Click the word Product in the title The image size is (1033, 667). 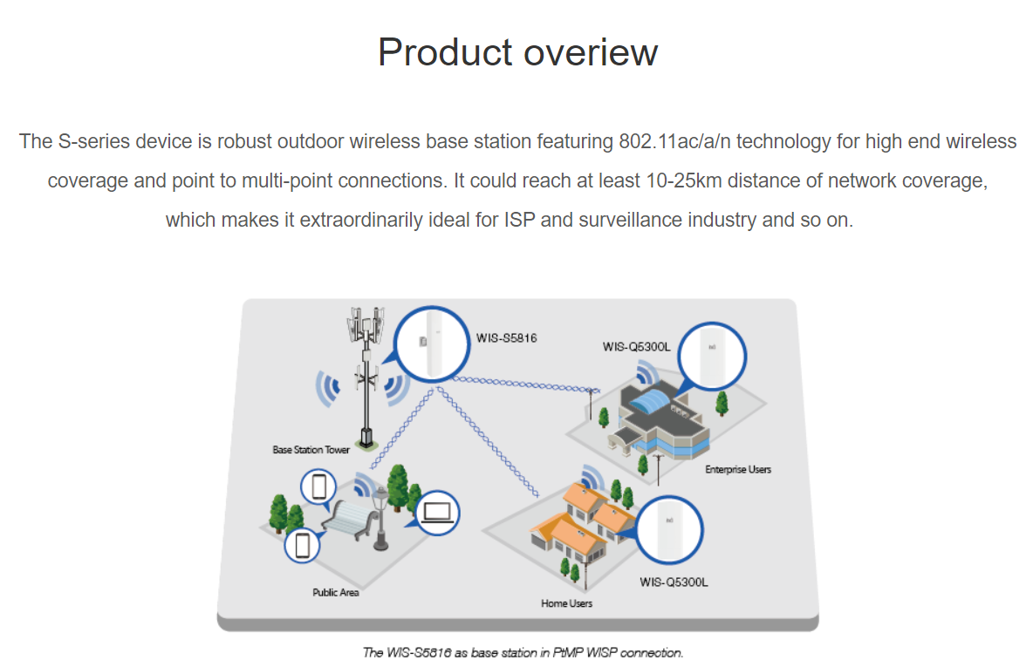click(445, 52)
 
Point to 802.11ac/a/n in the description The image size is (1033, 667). click(674, 141)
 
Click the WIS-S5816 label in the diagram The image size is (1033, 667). click(507, 337)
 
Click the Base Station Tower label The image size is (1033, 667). click(311, 450)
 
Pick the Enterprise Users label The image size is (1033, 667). click(738, 469)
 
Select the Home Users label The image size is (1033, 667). click(566, 603)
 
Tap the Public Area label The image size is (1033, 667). click(335, 593)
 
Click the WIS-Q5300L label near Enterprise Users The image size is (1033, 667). click(636, 347)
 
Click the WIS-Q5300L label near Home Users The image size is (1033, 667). click(674, 582)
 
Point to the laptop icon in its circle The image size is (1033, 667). click(437, 513)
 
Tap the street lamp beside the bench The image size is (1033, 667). click(380, 519)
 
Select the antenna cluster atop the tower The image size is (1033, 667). click(366, 324)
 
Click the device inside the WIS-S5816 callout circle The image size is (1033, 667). click(433, 344)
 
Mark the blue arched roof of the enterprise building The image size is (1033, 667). click(653, 399)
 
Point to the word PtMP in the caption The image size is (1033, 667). click(566, 652)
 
